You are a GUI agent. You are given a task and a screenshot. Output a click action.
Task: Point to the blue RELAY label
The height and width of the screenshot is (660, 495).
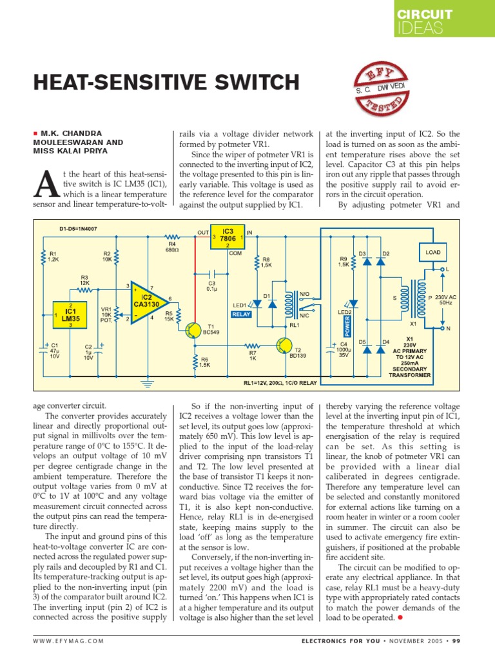tap(240, 314)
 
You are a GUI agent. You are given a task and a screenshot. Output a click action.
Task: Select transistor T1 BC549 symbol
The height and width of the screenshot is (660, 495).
tap(192, 331)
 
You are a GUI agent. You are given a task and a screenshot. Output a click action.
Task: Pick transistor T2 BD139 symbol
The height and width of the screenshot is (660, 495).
tap(284, 346)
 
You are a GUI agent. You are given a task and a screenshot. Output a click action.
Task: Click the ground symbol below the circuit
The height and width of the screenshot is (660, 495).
tap(148, 386)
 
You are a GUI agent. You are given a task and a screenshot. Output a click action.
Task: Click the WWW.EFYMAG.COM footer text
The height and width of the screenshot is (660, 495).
tap(68, 640)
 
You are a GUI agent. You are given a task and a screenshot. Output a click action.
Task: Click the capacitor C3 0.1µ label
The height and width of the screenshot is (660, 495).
tap(211, 286)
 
